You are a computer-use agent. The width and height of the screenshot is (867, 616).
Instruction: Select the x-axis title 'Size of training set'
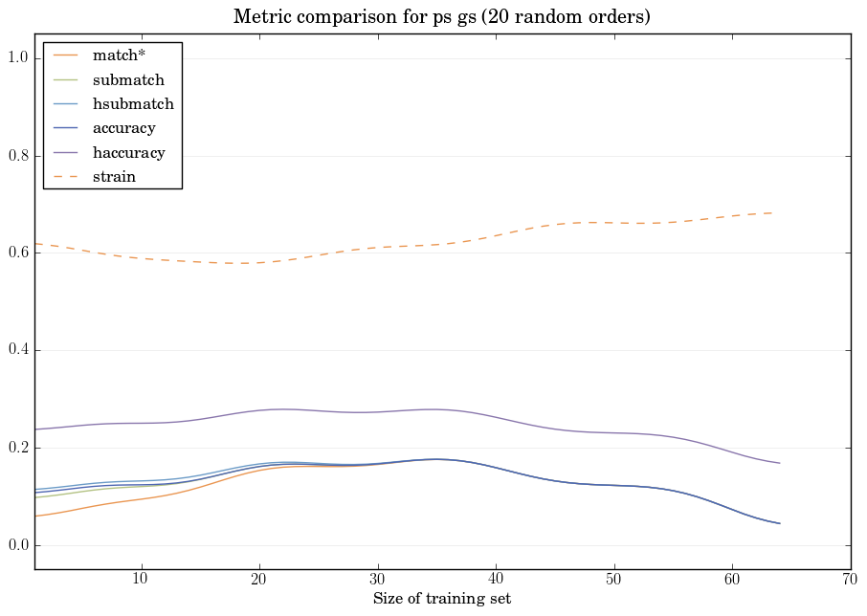pos(442,600)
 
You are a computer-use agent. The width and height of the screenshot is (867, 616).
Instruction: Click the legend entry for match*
pos(125,55)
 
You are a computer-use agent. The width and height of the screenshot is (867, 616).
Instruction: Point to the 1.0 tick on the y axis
pos(18,59)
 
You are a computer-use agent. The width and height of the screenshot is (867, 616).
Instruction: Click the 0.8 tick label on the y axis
pos(18,157)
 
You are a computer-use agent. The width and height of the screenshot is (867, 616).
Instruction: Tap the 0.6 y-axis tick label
pos(18,253)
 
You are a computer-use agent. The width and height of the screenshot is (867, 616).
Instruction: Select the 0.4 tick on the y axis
pos(18,351)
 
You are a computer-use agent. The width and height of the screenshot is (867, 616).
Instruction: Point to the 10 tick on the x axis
pos(141,579)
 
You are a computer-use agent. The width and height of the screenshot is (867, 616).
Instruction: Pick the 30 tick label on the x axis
pos(377,579)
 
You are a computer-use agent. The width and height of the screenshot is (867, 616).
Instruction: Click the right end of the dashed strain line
pos(772,212)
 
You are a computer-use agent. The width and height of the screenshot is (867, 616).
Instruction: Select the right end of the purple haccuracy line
pos(780,463)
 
